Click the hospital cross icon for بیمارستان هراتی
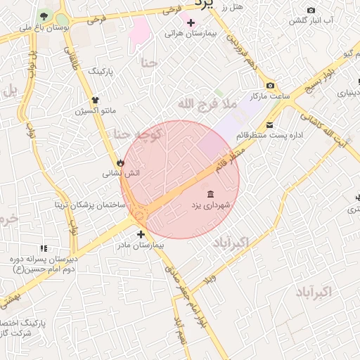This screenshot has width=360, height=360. pyautogui.click(x=190, y=22)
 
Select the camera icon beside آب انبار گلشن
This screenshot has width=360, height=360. pyautogui.click(x=311, y=10)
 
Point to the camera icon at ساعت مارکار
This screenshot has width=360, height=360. pyautogui.click(x=270, y=85)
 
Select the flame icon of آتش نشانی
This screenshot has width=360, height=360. pyautogui.click(x=120, y=162)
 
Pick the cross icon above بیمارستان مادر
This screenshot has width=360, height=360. pyautogui.click(x=141, y=235)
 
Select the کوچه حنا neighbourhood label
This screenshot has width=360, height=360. pyautogui.click(x=138, y=133)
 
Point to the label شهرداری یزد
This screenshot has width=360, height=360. pyautogui.click(x=211, y=205)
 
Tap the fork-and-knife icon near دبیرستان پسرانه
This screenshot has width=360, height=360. pyautogui.click(x=44, y=248)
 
